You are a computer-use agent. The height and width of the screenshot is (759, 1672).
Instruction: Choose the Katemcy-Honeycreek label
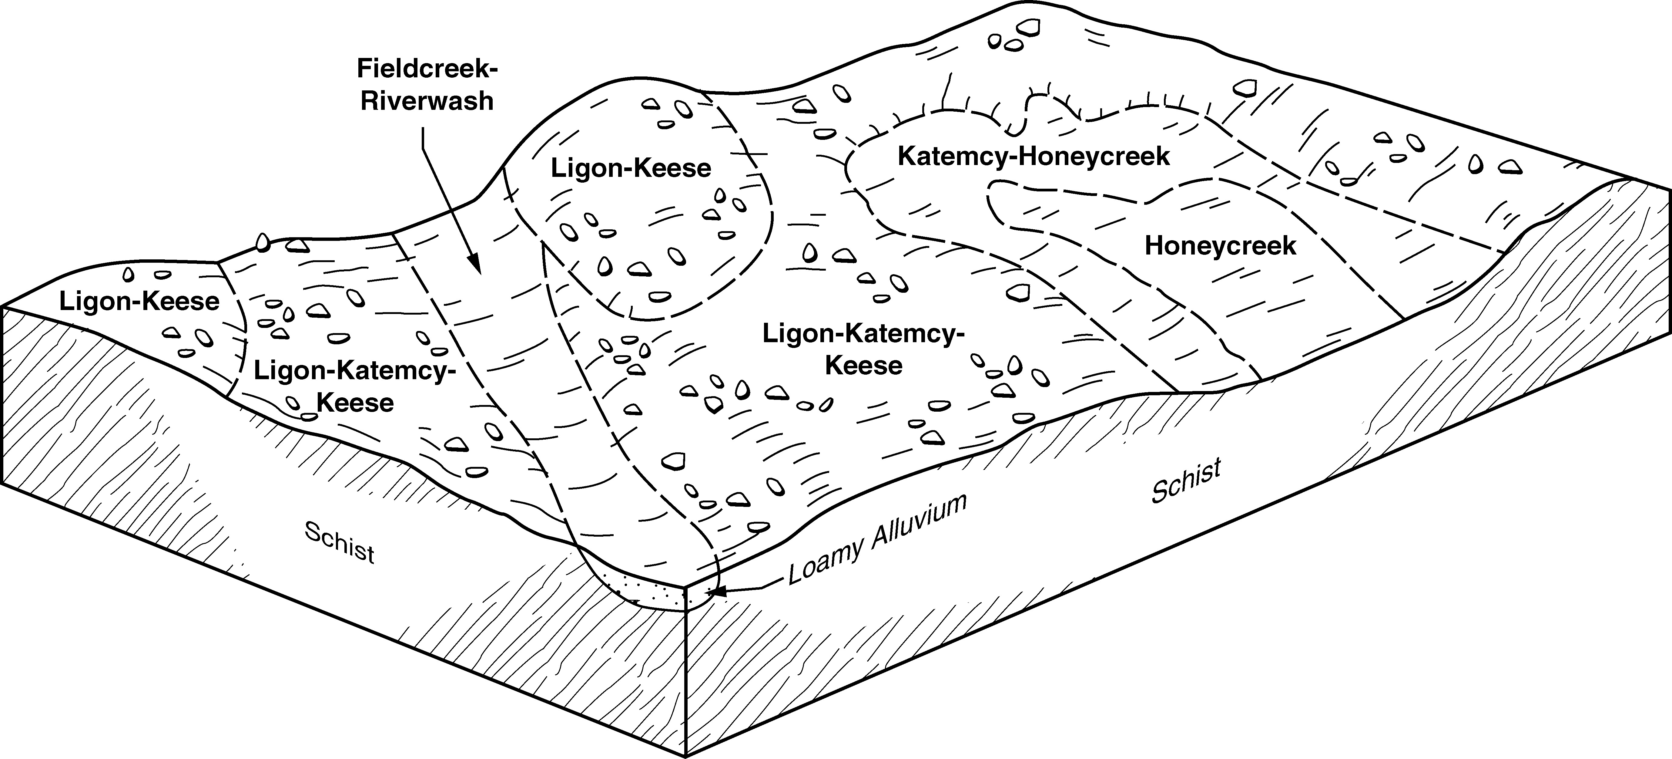coord(1033,157)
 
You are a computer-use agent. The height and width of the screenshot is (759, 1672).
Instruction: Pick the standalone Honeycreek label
coord(1220,246)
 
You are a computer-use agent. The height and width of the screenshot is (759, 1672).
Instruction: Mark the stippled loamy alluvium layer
coord(649,592)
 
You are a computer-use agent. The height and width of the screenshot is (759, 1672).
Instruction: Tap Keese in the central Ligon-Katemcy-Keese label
coord(863,366)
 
